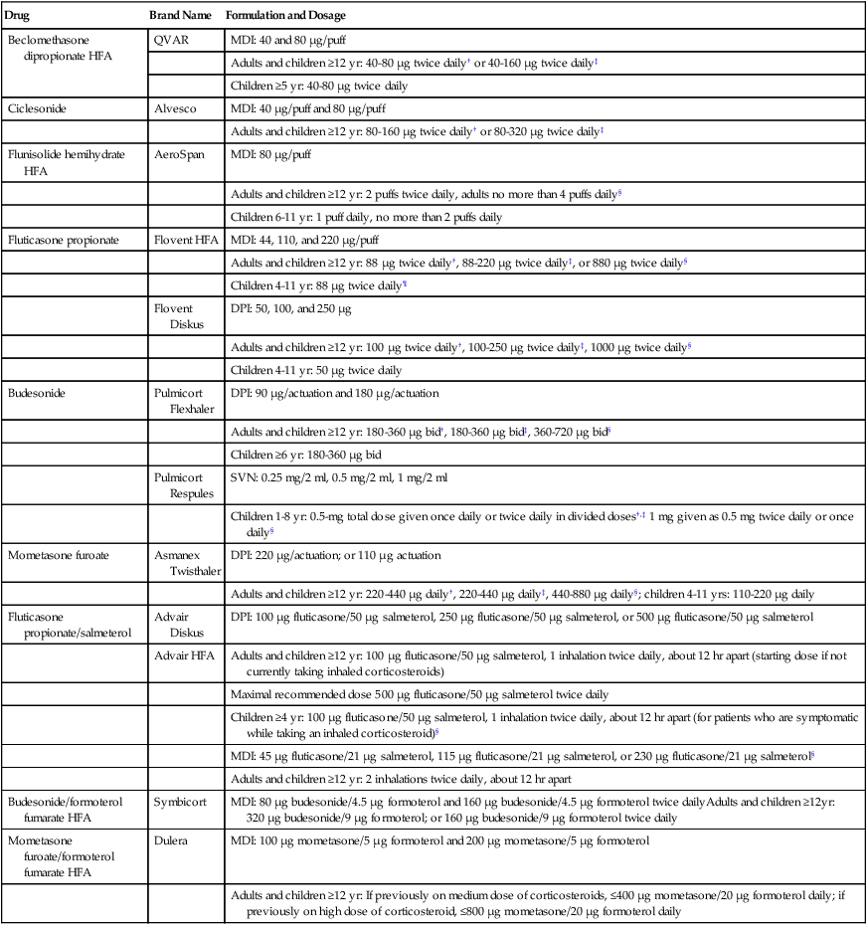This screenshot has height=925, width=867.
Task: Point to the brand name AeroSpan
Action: [x=179, y=154]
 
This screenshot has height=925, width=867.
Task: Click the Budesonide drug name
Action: [x=36, y=393]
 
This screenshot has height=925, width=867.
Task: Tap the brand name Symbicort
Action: [x=180, y=801]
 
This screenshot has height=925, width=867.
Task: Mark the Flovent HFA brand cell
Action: [x=187, y=240]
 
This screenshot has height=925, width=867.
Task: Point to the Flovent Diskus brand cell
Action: [x=175, y=315]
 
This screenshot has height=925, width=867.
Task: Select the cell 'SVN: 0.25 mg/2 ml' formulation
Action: [x=338, y=477]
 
